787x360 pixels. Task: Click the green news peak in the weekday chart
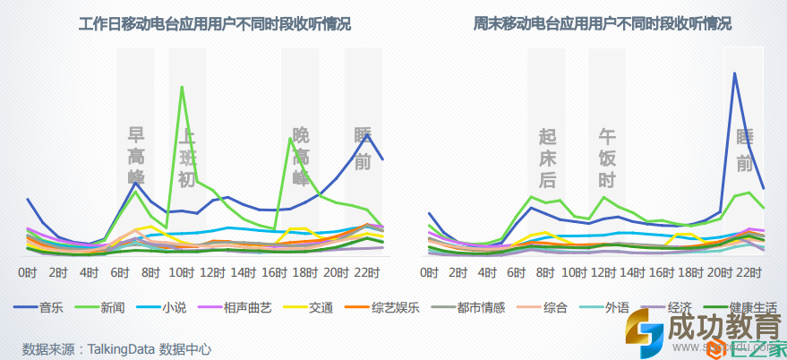(182, 87)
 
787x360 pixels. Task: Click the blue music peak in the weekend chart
(734, 73)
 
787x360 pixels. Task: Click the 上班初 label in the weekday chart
(186, 157)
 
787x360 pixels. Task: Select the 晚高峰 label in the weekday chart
(301, 156)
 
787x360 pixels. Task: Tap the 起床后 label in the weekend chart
(548, 158)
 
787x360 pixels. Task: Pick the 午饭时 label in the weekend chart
(607, 158)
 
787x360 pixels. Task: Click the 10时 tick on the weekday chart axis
(182, 271)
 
